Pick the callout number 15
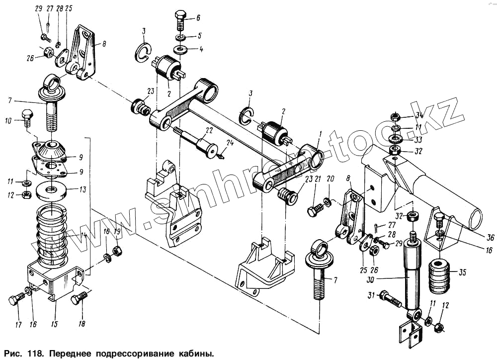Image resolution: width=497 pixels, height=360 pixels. pyautogui.click(x=54, y=325)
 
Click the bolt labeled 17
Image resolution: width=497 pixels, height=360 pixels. pyautogui.click(x=16, y=300)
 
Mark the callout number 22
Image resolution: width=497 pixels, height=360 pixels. pyautogui.click(x=209, y=130)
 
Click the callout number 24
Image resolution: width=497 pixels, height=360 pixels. pyautogui.click(x=229, y=143)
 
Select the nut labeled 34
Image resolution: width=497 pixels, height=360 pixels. pyautogui.click(x=394, y=117)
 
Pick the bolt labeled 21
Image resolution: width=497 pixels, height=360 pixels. pyautogui.click(x=314, y=212)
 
